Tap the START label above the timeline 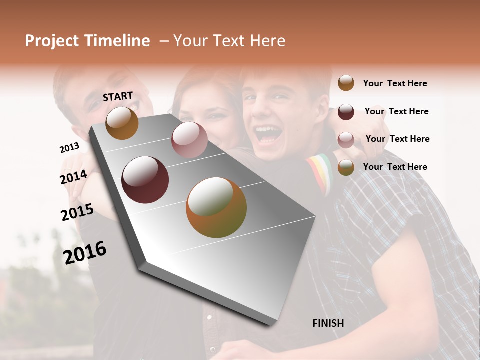coord(118,96)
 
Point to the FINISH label coord(328,323)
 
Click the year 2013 coord(69,148)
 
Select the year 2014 coord(73,177)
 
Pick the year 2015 coord(77,213)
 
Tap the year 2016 coord(85,253)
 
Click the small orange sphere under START coord(122,123)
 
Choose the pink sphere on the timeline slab coord(189,140)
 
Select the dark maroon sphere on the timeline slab coord(145,180)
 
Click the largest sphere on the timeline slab coord(216,207)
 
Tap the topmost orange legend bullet coord(346,83)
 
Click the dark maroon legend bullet coord(346,112)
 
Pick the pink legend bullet coord(346,139)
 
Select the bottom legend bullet coord(346,167)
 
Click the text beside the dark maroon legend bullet coord(396,111)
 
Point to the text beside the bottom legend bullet coord(395,167)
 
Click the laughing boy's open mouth coord(268,134)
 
